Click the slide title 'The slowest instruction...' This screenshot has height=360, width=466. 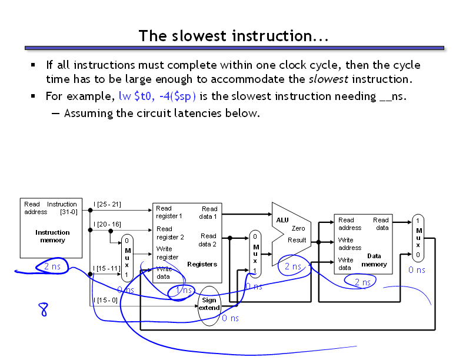click(x=233, y=36)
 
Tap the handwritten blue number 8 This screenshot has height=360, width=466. click(x=44, y=309)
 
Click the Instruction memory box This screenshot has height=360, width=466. click(x=51, y=228)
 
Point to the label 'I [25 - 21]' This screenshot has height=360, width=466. click(x=107, y=204)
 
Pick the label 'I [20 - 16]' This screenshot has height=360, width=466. click(x=107, y=224)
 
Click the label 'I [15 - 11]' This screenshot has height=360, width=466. click(x=107, y=268)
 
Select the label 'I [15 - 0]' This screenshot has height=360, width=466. click(x=106, y=300)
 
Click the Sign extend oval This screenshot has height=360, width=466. click(x=209, y=304)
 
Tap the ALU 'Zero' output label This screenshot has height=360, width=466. click(x=298, y=228)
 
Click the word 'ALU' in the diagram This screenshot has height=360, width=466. click(x=282, y=219)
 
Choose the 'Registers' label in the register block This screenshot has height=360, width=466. click(x=202, y=264)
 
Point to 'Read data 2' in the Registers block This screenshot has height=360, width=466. click(x=208, y=240)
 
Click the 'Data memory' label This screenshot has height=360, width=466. click(x=374, y=260)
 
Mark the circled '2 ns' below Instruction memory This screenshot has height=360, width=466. click(x=52, y=266)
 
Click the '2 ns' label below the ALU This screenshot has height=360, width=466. click(x=293, y=266)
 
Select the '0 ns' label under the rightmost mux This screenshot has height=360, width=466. click(x=417, y=270)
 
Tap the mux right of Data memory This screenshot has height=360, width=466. click(x=418, y=238)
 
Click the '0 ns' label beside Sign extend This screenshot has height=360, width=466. click(x=230, y=318)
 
